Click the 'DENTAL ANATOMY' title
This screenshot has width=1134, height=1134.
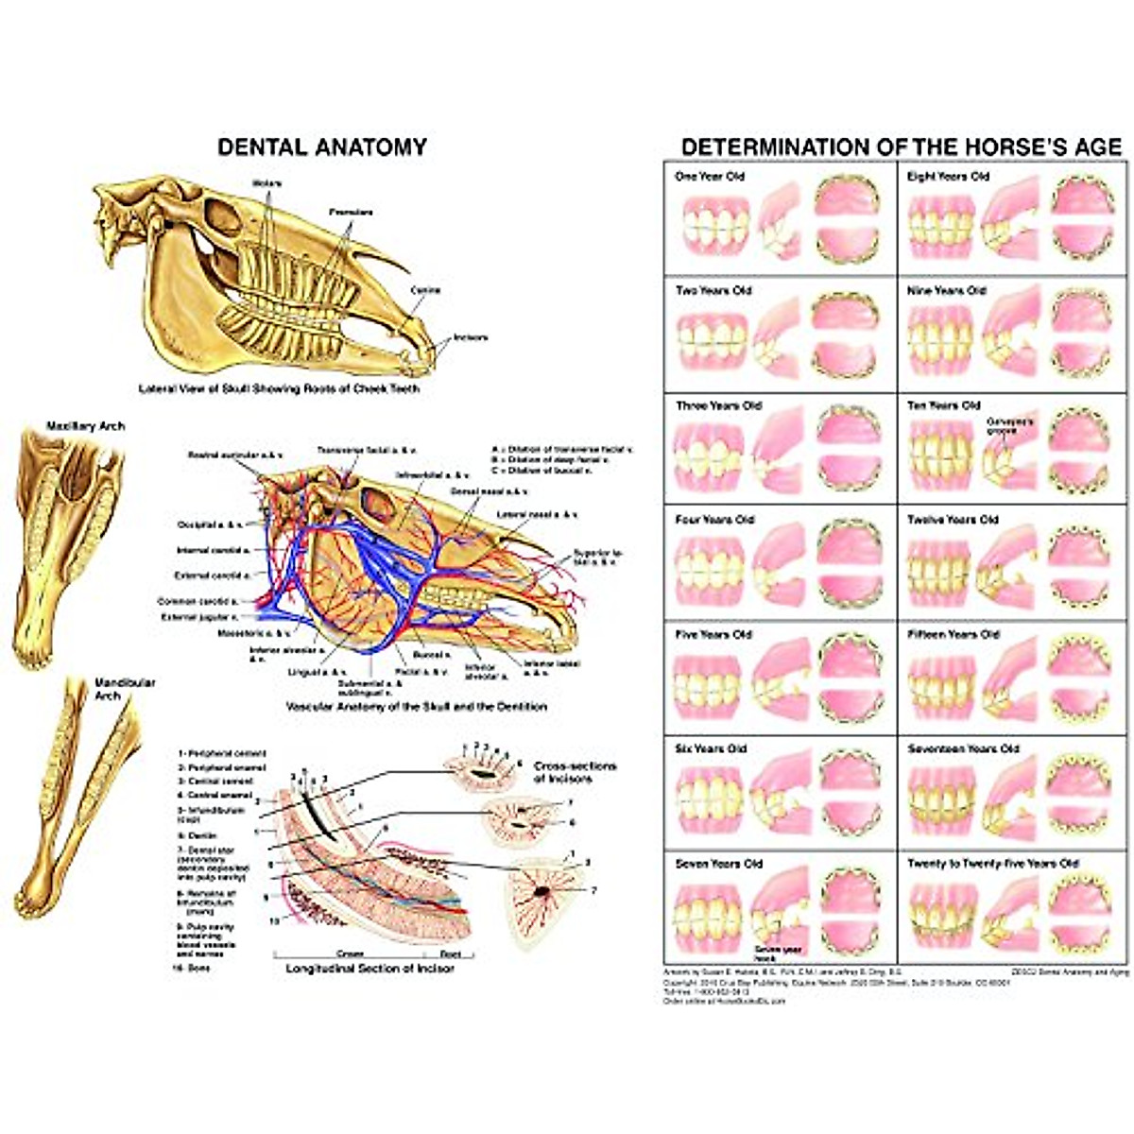click(x=322, y=147)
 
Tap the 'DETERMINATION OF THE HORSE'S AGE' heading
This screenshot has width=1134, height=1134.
click(x=902, y=147)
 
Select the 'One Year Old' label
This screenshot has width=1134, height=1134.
click(x=710, y=177)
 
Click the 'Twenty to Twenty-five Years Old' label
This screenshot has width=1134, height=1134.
click(x=992, y=864)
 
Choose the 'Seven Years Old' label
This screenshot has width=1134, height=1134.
click(x=719, y=864)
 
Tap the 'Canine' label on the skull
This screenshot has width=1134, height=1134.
click(x=426, y=290)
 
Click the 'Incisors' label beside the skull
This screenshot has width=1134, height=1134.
click(x=471, y=337)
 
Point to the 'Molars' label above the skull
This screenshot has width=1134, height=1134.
click(x=267, y=182)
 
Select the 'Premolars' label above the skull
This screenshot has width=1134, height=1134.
click(x=351, y=212)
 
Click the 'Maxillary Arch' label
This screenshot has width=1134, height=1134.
click(x=86, y=427)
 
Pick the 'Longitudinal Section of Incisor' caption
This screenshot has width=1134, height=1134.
click(x=369, y=969)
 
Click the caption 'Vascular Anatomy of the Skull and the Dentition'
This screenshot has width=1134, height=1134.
click(x=416, y=706)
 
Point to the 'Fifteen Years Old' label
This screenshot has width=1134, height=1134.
click(x=954, y=634)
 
